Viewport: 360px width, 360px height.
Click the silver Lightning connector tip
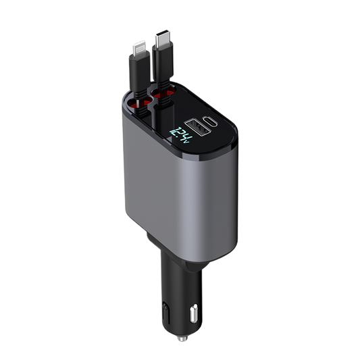click(x=139, y=47)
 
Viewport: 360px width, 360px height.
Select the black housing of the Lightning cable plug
click(x=140, y=71)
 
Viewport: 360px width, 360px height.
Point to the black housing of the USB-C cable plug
click(x=163, y=61)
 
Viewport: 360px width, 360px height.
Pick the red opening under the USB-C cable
click(x=162, y=93)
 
